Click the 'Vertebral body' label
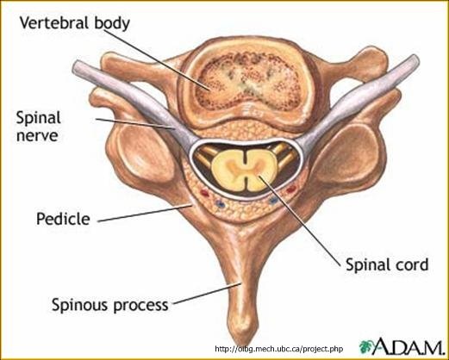point(75,23)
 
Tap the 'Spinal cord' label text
point(387,264)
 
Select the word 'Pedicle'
point(63,219)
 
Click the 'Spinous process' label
point(110,305)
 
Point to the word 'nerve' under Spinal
point(37,135)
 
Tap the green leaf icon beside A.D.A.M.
point(365,346)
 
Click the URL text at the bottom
point(279,349)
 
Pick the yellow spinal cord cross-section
point(245,171)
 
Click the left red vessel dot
point(204,193)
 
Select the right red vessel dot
point(291,189)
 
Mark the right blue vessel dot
point(273,201)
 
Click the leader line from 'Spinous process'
point(207,293)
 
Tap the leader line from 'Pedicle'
point(145,213)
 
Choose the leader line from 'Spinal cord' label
point(299,221)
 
